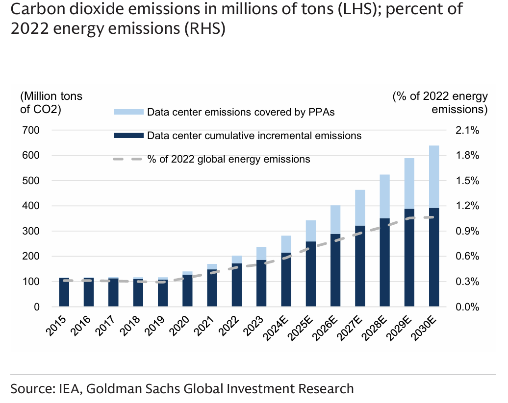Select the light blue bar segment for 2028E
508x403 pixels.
[385, 196]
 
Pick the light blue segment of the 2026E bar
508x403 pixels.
[335, 219]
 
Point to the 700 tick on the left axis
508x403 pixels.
[31, 130]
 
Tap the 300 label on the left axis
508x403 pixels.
[31, 231]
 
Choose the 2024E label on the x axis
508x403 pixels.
[278, 328]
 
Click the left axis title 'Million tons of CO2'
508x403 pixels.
[51, 103]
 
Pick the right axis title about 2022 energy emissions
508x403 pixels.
[440, 103]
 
